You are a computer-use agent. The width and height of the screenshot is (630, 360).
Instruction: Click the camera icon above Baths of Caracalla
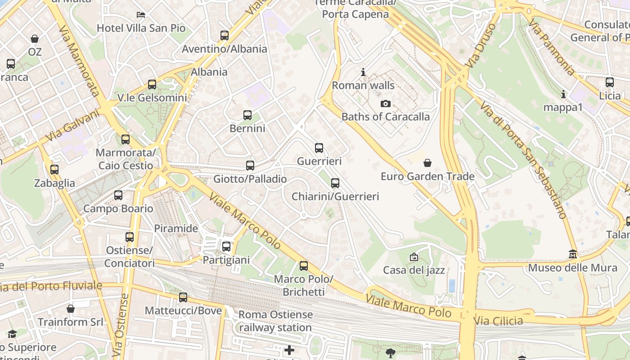[385, 104]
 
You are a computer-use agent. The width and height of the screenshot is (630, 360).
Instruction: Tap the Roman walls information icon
[363, 72]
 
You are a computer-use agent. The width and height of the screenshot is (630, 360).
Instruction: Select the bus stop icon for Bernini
[247, 115]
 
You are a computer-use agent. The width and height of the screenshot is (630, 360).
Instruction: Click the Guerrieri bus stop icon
[319, 148]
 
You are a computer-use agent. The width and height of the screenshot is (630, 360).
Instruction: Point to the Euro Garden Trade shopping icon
[427, 163]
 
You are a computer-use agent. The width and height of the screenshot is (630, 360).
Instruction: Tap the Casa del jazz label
[414, 270]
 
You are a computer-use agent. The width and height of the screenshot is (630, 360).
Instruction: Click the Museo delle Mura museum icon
[572, 255]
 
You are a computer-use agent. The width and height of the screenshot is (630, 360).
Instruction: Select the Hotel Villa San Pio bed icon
[141, 15]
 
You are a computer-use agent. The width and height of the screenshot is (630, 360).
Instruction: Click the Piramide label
[176, 228]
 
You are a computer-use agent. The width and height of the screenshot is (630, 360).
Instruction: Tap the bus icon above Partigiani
[226, 247]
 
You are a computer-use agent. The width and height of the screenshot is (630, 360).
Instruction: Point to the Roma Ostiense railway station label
[275, 321]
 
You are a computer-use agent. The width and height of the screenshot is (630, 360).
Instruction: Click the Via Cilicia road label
[498, 321]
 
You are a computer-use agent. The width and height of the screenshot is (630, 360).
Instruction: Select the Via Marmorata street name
[78, 60]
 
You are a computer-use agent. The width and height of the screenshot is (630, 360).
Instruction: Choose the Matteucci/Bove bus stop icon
[183, 297]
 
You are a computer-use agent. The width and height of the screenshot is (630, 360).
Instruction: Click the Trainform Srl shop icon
[70, 309]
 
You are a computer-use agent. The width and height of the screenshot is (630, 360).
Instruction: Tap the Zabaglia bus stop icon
[54, 170]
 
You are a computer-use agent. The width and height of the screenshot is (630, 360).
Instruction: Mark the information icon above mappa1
[563, 94]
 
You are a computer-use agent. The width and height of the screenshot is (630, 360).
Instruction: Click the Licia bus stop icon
[610, 82]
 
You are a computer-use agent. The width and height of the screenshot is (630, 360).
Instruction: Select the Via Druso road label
[480, 46]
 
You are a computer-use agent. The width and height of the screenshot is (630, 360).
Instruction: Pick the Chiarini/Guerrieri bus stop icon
[335, 183]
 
